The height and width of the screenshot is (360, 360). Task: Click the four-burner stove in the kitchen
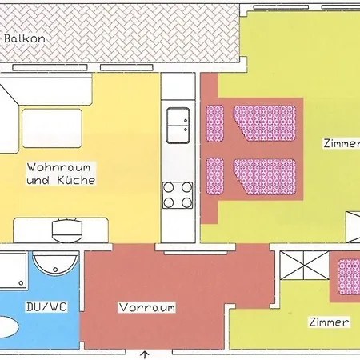pos(177,194)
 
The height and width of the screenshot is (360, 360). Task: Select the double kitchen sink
pos(177,125)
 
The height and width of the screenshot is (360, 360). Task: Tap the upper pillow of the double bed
pos(214,122)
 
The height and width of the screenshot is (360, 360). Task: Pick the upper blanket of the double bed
pos(265,122)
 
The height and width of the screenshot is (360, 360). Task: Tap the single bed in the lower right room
pos(348,276)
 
